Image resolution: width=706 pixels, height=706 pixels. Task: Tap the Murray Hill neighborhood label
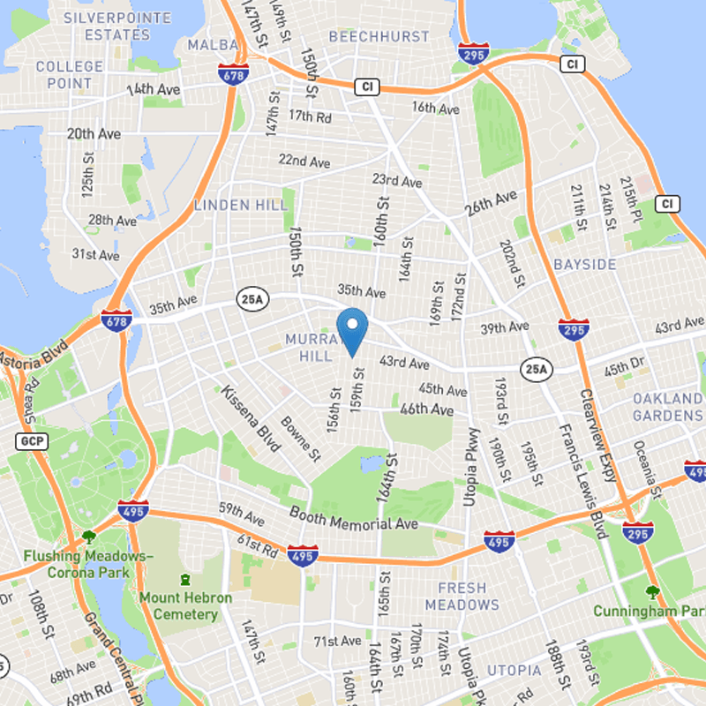pyautogui.click(x=311, y=347)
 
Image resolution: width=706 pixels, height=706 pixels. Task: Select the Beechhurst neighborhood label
pyautogui.click(x=366, y=36)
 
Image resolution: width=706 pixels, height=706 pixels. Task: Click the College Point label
pyautogui.click(x=69, y=75)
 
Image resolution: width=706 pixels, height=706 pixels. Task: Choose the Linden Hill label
pyautogui.click(x=240, y=205)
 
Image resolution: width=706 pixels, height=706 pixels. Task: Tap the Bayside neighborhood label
pyautogui.click(x=585, y=265)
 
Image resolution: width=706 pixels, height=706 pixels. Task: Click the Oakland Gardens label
pyautogui.click(x=667, y=407)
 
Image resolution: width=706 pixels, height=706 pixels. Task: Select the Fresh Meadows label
pyautogui.click(x=462, y=596)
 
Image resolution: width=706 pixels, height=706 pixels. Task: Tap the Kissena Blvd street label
pyautogui.click(x=251, y=418)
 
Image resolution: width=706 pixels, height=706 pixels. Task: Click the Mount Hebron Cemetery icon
pyautogui.click(x=184, y=580)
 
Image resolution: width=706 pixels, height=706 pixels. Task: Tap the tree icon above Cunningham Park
pyautogui.click(x=653, y=592)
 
